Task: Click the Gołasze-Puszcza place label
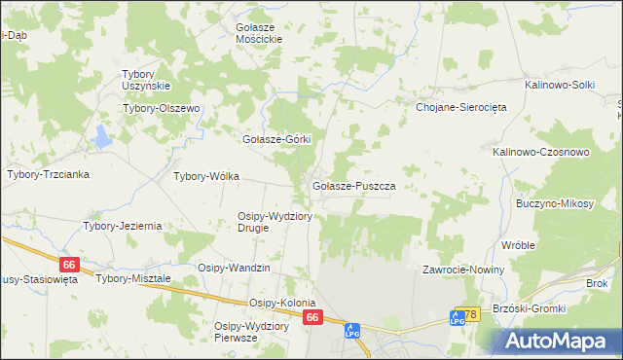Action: (352, 185)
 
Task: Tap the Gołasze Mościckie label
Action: (259, 33)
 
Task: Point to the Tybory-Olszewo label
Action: (161, 108)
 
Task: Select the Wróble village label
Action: (518, 245)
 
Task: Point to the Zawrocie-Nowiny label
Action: (462, 270)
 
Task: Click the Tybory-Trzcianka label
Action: (49, 175)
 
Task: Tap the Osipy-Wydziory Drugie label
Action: (275, 222)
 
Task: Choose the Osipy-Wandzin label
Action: (234, 268)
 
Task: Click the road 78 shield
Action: (470, 315)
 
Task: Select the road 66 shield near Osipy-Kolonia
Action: (311, 318)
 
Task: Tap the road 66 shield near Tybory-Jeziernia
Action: (67, 265)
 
